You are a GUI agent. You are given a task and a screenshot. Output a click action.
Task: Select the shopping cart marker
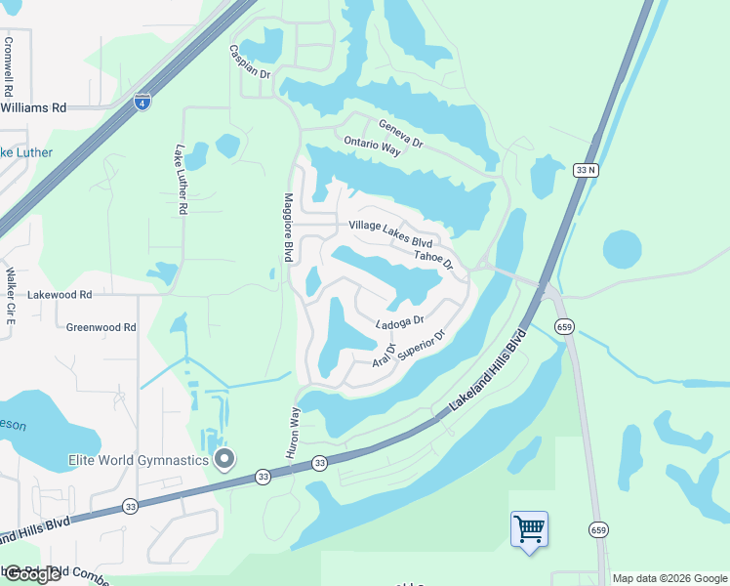[529, 530]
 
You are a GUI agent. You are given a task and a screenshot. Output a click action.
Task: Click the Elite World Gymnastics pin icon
[224, 459]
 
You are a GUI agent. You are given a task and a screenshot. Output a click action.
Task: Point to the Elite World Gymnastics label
[138, 460]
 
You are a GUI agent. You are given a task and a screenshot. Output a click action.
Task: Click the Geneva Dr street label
[402, 134]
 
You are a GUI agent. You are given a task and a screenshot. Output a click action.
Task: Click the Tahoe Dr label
[434, 259]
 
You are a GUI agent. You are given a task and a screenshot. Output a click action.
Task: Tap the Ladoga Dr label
[400, 321]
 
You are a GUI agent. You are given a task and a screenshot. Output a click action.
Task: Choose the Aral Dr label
[383, 356]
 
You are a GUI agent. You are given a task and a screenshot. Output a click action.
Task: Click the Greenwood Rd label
[101, 327]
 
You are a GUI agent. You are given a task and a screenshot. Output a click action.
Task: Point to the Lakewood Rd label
[60, 293]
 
